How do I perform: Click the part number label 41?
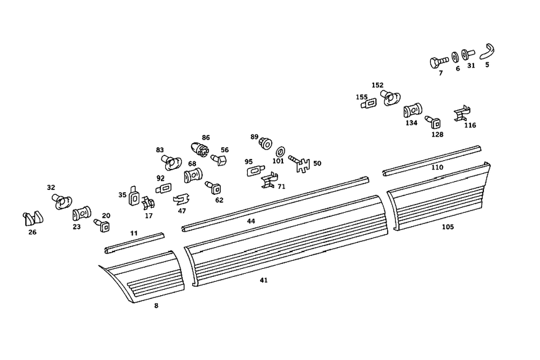point(264,280)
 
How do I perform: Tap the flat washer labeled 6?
point(455,57)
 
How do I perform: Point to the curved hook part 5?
point(488,51)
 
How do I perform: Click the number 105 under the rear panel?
point(448,227)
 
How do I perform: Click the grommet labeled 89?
point(265,144)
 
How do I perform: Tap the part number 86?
point(206,138)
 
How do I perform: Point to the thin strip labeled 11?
point(133,242)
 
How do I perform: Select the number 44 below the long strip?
point(251,221)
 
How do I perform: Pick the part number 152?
point(377,85)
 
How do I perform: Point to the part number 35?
point(122,195)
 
